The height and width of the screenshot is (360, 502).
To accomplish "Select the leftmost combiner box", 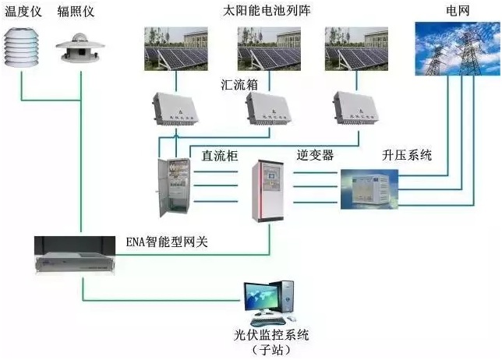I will point(178,109).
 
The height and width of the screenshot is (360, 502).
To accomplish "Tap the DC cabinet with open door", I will point(172,188).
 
